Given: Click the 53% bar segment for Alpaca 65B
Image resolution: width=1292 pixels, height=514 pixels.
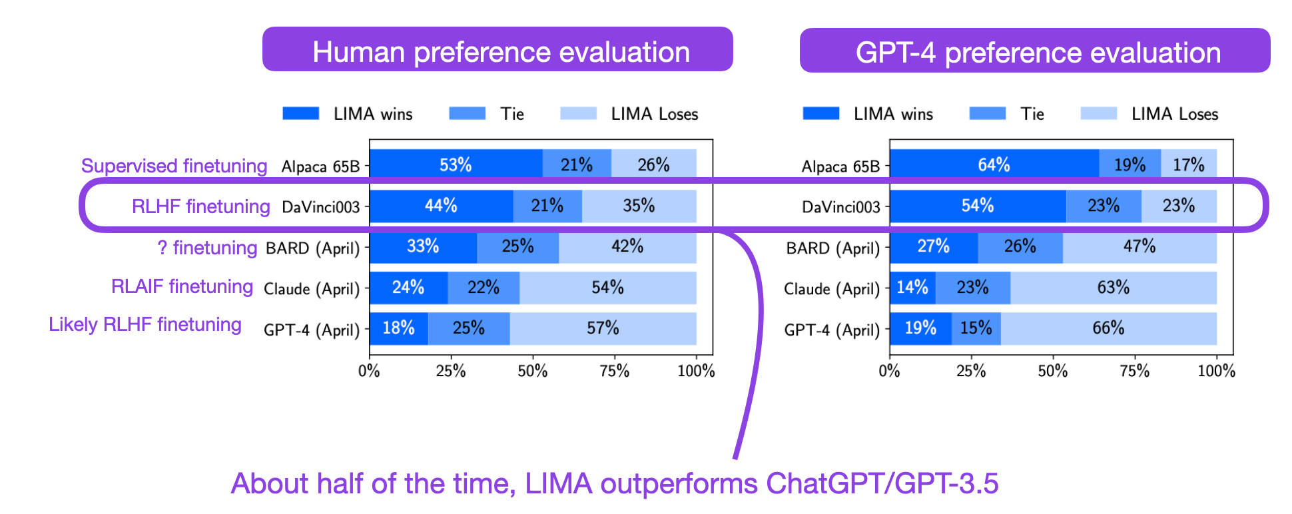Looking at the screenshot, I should [456, 164].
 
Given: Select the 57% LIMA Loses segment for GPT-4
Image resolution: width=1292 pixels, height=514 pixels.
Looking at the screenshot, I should [603, 328].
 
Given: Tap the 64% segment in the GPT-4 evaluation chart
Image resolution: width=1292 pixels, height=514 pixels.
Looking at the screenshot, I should [994, 164].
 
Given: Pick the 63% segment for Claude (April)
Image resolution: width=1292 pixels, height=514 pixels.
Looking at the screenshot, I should [1113, 288].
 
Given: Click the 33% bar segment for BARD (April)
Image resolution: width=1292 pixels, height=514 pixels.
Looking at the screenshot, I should [423, 247].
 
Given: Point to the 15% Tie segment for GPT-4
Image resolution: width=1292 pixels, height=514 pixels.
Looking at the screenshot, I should [976, 328].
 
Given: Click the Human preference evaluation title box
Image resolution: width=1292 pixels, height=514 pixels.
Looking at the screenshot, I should [497, 50].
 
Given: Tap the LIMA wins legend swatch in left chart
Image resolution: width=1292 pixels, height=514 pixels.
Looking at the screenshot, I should [300, 114].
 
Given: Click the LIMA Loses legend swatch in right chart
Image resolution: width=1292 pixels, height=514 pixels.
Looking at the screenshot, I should [1098, 114].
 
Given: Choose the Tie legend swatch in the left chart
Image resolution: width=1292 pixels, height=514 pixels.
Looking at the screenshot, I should [467, 114].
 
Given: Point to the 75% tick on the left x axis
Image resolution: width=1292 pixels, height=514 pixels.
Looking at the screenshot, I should [614, 371].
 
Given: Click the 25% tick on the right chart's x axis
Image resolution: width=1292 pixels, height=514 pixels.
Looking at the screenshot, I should [971, 371].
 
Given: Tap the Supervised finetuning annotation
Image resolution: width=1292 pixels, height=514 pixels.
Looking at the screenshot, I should [174, 166].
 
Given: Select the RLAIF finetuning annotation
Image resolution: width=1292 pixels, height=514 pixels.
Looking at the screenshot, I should [182, 286].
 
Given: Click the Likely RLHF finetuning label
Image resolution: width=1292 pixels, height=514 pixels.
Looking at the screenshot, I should [145, 324].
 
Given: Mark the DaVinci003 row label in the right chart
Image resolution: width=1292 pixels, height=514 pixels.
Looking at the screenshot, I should [840, 207].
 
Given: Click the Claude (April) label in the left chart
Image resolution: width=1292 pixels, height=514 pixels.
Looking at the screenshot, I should [311, 289].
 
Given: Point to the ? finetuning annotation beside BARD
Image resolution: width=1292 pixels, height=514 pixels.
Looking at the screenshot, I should [207, 248].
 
